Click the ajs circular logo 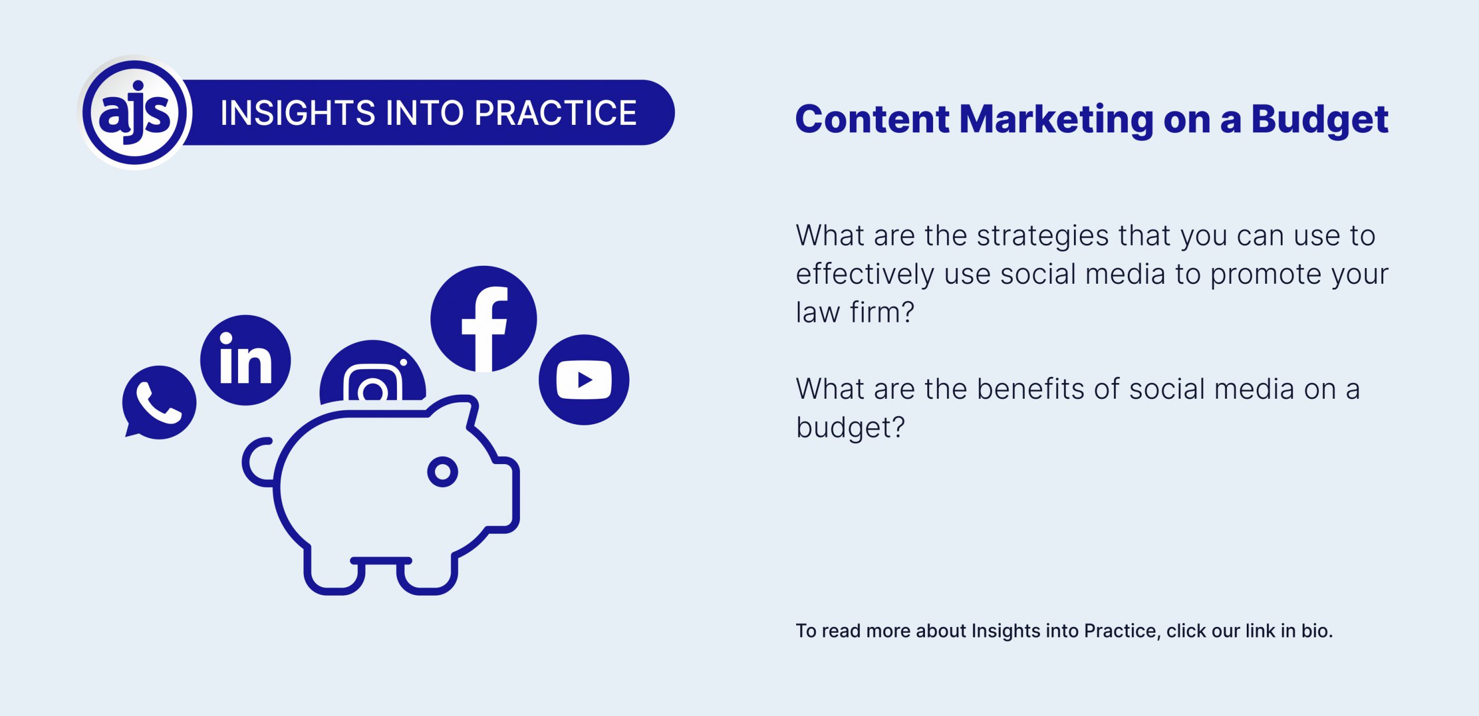(135, 112)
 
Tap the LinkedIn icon (246, 360)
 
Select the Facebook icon (484, 319)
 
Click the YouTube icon (584, 380)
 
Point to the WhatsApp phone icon (159, 402)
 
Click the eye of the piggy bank (443, 472)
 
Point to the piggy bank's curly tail (257, 462)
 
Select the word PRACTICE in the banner (556, 113)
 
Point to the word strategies (1043, 236)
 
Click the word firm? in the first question (882, 312)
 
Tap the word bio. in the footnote (1317, 630)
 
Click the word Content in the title (872, 120)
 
